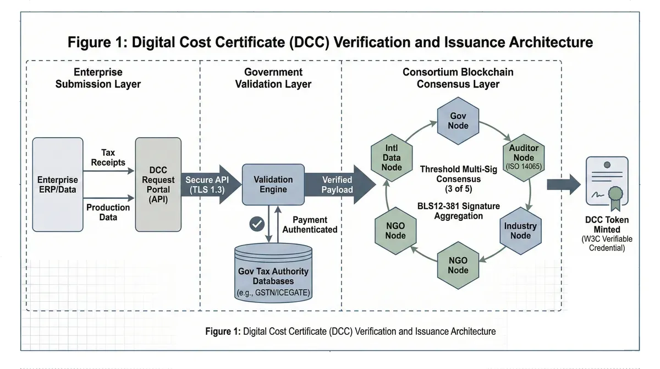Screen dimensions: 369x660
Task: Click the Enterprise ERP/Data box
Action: point(58,184)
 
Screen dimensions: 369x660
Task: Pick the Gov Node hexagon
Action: point(458,121)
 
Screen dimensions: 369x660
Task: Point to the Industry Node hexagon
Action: point(520,231)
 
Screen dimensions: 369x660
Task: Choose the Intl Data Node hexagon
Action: point(392,158)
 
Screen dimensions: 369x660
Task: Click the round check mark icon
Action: point(257,224)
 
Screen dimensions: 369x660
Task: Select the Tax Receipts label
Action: point(108,157)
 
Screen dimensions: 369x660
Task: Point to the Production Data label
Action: point(108,212)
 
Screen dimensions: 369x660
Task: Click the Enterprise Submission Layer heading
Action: point(98,78)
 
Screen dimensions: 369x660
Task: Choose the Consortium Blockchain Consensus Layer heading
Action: point(458,78)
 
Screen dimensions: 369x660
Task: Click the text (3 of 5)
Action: point(458,189)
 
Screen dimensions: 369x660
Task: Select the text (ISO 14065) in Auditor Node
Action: point(524,166)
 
